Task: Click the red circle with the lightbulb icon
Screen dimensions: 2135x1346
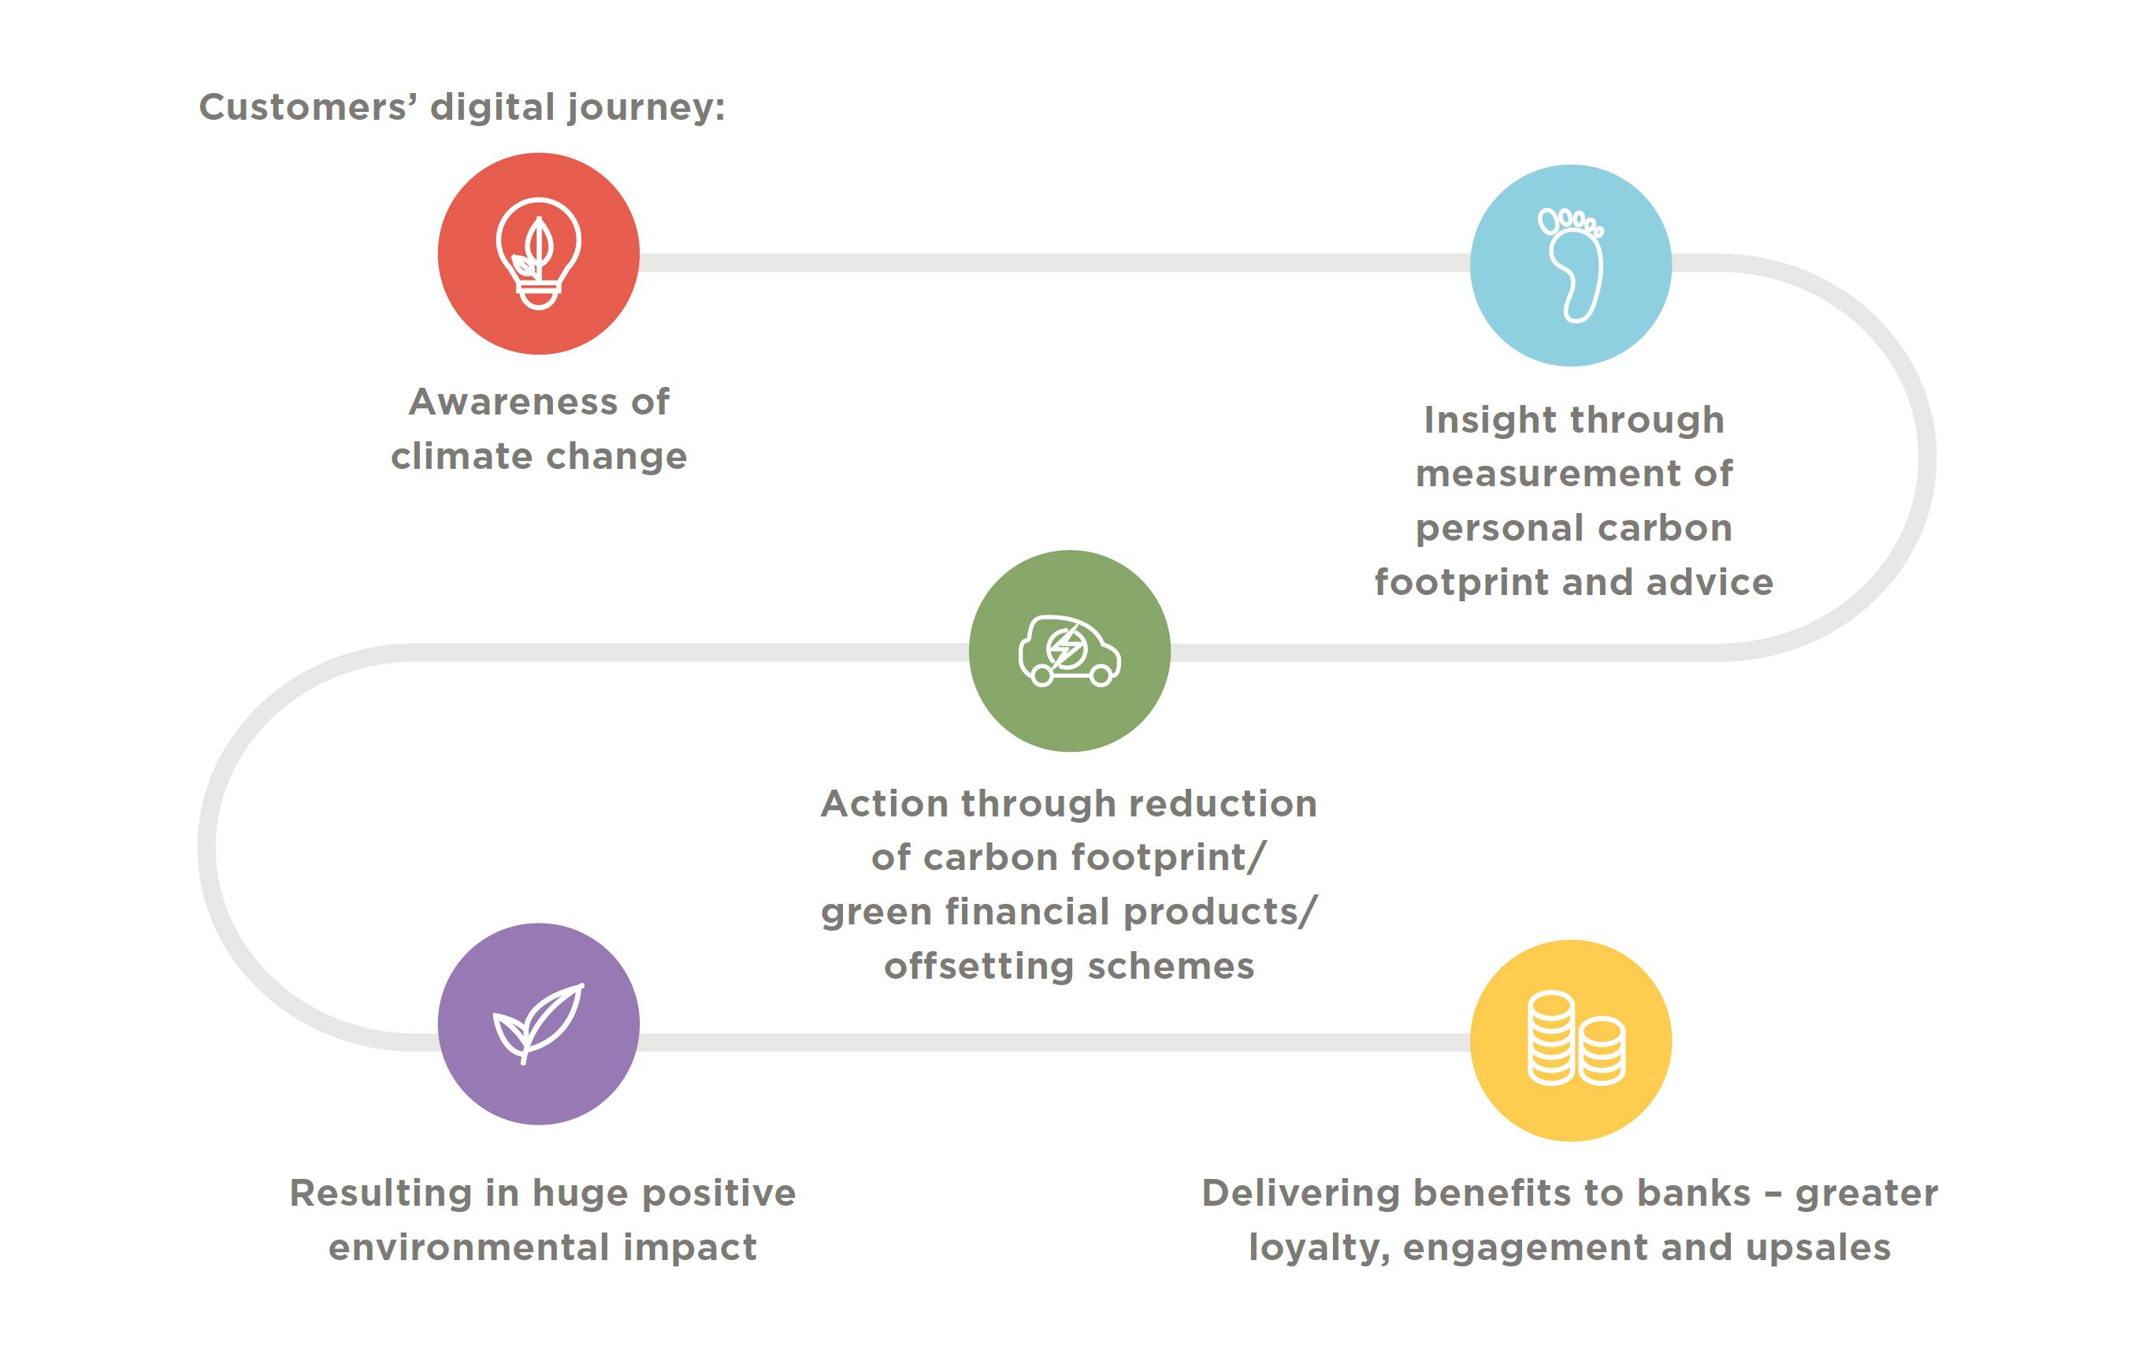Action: click(538, 254)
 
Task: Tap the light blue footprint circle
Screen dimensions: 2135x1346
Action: click(1570, 265)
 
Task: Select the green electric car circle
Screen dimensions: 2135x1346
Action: click(1069, 651)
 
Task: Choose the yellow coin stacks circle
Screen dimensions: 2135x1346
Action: click(1570, 1040)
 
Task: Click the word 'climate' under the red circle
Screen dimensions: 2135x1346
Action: click(461, 456)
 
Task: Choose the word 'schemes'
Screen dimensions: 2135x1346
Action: click(1171, 965)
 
